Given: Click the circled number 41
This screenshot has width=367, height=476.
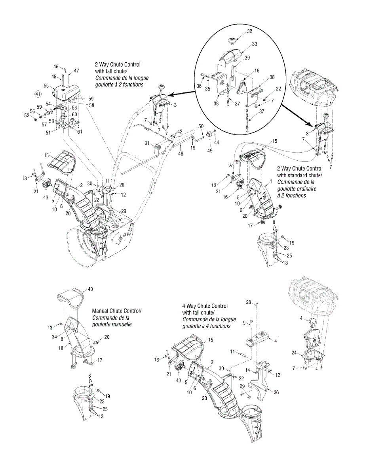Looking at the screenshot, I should coord(38,94).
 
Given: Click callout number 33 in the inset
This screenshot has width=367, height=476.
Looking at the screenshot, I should coord(254,44).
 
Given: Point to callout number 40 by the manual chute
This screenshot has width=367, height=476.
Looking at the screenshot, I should coord(90,289).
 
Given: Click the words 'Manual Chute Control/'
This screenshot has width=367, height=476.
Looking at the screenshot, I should coord(117,311).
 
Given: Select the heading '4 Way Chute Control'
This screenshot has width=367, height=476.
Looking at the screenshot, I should coord(205,306).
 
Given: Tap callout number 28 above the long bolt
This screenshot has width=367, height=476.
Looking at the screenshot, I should coord(249,303).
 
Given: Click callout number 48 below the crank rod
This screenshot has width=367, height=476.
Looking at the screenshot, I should coord(180,153).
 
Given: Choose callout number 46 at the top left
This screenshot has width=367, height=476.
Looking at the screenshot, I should coord(56,67).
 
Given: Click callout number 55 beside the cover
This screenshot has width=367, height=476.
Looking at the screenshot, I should coord(46,86).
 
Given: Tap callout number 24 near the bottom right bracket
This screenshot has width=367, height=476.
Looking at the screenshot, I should coord(294,352).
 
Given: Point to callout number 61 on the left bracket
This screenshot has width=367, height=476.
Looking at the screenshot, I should coord(80,131).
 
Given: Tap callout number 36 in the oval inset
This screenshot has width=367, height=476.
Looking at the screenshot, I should coord(198,85).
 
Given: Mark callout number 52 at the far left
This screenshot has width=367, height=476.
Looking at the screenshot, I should coord(27,115).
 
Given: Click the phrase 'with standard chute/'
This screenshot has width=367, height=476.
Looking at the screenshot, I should coord(300,175).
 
